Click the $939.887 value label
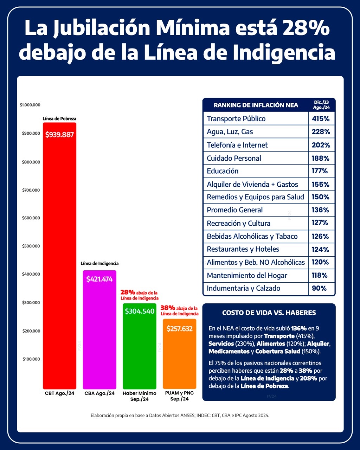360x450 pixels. [x=59, y=135]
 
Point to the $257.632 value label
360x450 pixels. [x=179, y=329]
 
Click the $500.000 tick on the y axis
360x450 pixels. [x=31, y=246]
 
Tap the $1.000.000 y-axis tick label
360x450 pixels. [x=30, y=105]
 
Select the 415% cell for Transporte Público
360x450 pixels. [x=321, y=119]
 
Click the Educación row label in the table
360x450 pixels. [x=223, y=171]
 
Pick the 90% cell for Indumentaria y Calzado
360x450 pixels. [x=319, y=288]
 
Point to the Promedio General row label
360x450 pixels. [x=234, y=210]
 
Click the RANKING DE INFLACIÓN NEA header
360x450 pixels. [x=256, y=105]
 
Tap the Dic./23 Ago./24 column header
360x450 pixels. [x=321, y=105]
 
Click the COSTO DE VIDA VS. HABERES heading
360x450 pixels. [x=269, y=313]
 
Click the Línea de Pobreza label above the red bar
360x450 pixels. [x=59, y=119]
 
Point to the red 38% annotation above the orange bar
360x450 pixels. [x=168, y=308]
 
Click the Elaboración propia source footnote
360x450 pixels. [x=180, y=415]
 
